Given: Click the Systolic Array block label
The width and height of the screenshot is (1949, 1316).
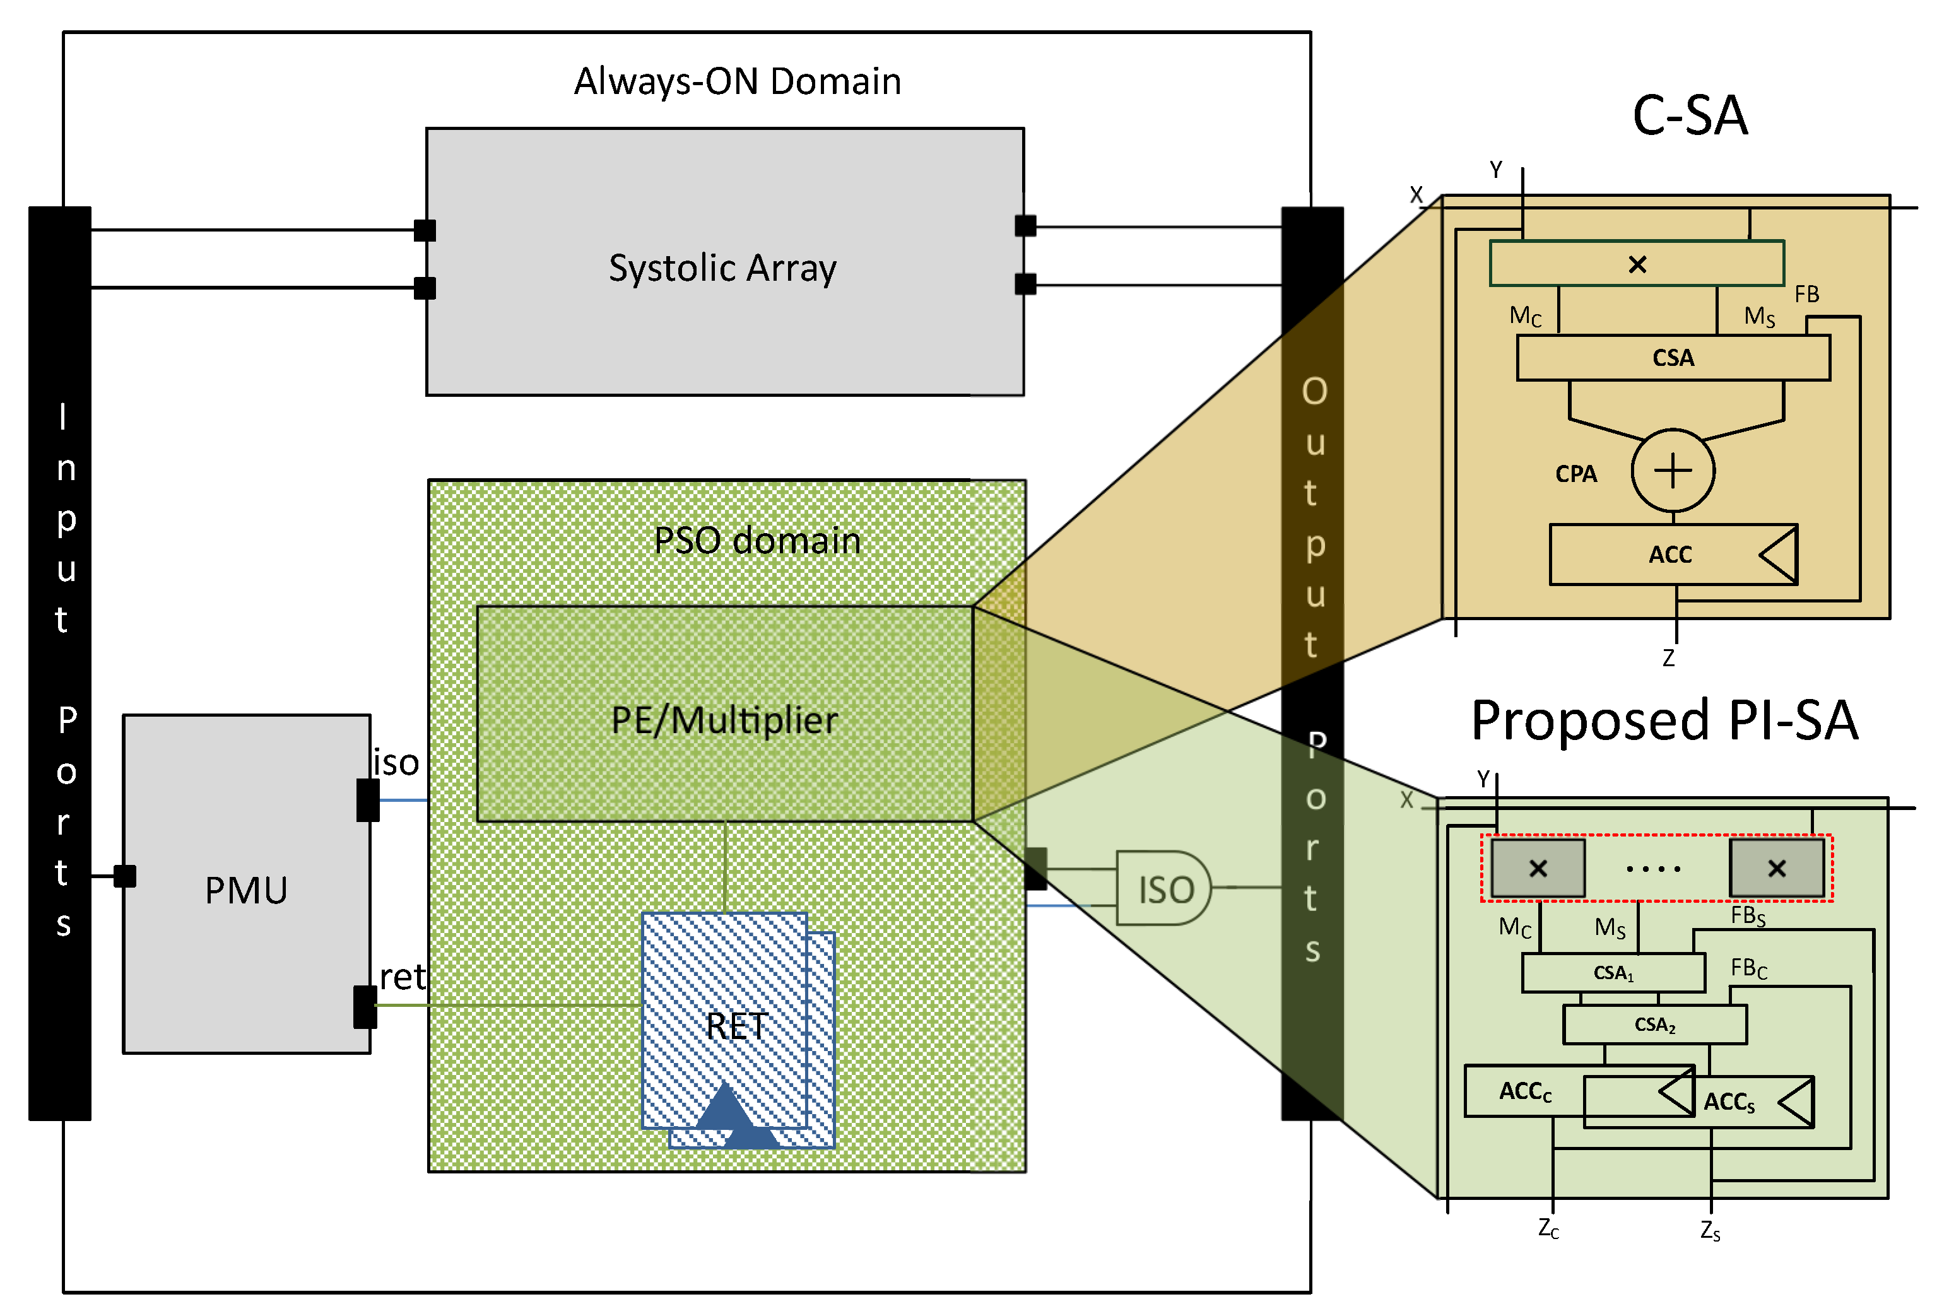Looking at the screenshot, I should (722, 268).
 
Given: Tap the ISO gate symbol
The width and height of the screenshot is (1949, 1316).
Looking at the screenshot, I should (1164, 888).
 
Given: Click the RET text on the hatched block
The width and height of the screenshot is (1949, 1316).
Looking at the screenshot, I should (736, 1026).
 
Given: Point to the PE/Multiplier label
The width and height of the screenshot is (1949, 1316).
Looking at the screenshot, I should (724, 720).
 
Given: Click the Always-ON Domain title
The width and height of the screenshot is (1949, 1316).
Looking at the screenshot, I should (737, 81).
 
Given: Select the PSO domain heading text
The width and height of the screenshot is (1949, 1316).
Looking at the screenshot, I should (757, 540).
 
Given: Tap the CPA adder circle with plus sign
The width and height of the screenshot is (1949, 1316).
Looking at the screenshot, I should (1672, 471).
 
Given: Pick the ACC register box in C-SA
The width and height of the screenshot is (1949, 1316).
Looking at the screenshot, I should (1671, 555).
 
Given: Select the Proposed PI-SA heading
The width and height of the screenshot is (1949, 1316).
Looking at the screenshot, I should (1664, 720).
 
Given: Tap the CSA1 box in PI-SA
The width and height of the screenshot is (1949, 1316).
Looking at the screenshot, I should (1613, 973).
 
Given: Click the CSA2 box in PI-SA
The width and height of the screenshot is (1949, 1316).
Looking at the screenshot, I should (1654, 1024).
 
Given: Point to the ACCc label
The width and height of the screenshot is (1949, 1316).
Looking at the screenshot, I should (1524, 1091).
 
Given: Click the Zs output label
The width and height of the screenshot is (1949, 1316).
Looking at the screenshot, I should (1710, 1230).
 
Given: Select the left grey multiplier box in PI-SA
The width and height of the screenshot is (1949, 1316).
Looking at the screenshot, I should (1537, 868).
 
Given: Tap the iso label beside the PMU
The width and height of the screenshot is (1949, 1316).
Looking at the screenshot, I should (396, 763).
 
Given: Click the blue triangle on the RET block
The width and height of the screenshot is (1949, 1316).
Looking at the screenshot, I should (726, 1107).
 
